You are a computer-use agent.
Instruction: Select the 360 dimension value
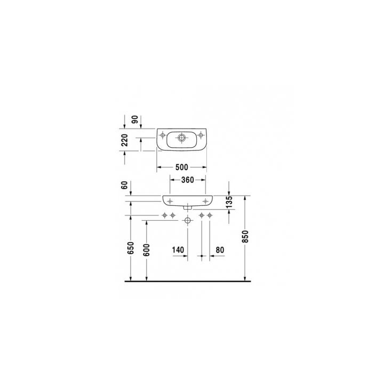(x=187, y=180)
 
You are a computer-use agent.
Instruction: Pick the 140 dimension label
(x=178, y=249)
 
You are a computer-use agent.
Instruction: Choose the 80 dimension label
(x=220, y=249)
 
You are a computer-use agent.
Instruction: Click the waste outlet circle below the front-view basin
(x=187, y=220)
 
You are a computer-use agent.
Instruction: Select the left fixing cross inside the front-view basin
(x=170, y=201)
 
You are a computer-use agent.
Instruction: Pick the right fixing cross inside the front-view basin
(x=205, y=201)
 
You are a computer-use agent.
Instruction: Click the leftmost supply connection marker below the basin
(x=165, y=215)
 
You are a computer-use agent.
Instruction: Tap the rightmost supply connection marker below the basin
(x=210, y=215)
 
